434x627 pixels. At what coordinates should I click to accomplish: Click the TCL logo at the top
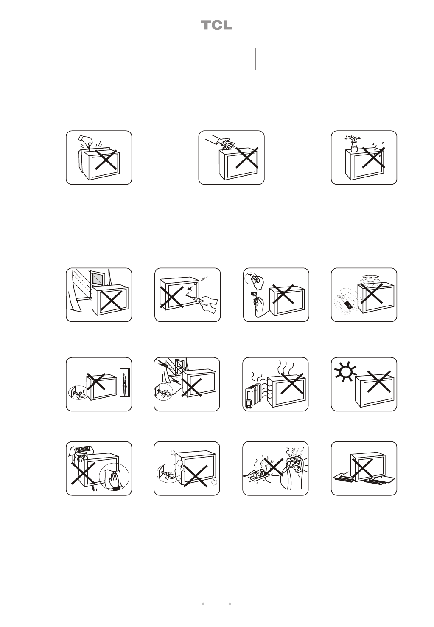tap(216, 25)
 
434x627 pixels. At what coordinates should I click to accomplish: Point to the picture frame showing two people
tap(125, 382)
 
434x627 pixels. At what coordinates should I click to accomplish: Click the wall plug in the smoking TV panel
tap(167, 474)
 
